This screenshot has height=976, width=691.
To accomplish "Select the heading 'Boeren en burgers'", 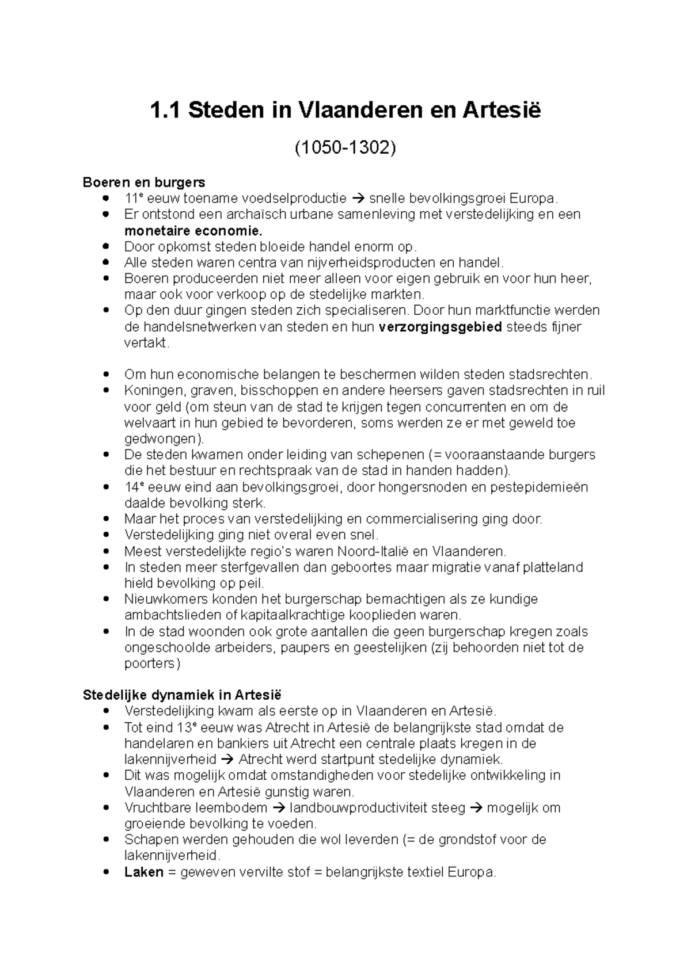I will [144, 182].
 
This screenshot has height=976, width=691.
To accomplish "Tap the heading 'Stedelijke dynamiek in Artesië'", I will [182, 695].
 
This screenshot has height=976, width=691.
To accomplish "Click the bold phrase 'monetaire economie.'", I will [193, 231].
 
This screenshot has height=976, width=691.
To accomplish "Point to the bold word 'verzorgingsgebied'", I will [441, 327].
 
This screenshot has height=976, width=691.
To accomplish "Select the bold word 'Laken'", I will [144, 872].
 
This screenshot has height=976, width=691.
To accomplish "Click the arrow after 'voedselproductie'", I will [358, 199].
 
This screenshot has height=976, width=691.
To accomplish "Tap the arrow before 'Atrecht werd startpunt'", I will [227, 759].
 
